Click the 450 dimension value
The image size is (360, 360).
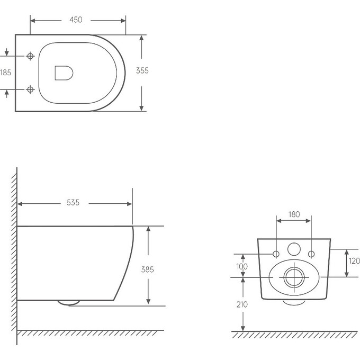click(x=76, y=20)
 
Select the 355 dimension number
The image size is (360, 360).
click(x=142, y=70)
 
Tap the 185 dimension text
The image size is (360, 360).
click(x=5, y=73)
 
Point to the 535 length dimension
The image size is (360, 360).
click(x=73, y=202)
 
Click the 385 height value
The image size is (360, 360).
click(x=147, y=269)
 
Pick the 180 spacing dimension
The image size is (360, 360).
click(x=294, y=214)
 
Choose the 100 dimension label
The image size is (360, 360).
click(x=242, y=266)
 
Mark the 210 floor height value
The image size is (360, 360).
click(x=242, y=304)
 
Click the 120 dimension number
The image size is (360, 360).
click(x=354, y=261)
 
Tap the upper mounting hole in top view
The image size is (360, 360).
click(x=30, y=56)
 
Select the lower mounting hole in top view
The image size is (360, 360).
click(x=30, y=89)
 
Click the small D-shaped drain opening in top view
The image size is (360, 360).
click(x=64, y=73)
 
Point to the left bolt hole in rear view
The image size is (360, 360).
click(x=276, y=254)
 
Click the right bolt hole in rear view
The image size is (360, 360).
click(x=311, y=254)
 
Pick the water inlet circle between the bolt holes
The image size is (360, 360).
click(x=294, y=249)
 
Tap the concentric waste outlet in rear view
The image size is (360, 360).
click(x=294, y=277)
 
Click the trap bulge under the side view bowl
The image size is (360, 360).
click(x=68, y=303)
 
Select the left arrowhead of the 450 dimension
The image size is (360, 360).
click(x=33, y=21)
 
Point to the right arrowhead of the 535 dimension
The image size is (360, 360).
click(x=130, y=204)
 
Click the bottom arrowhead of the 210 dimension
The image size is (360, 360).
click(x=243, y=329)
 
